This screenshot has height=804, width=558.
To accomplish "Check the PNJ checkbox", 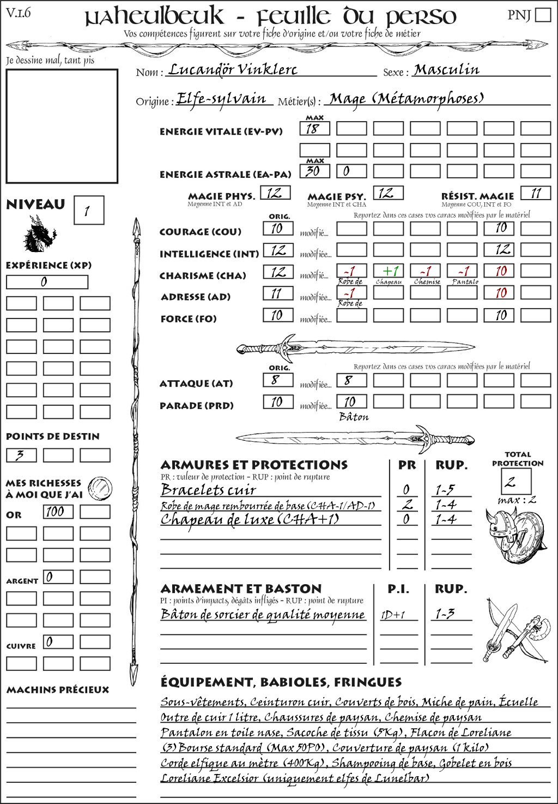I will click(543, 14).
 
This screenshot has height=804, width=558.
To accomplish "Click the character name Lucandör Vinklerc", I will click(233, 69).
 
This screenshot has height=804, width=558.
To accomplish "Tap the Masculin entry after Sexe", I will click(446, 69).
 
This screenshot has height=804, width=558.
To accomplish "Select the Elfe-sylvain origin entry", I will click(221, 99).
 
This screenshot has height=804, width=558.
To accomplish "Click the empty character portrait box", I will click(62, 126).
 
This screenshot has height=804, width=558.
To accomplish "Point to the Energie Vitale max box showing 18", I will click(314, 129).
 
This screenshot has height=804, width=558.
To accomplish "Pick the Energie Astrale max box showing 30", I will click(314, 171).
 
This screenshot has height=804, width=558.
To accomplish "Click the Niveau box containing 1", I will click(88, 210).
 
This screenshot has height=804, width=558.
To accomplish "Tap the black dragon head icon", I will click(39, 234).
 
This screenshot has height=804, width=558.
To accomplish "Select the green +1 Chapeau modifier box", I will click(389, 271).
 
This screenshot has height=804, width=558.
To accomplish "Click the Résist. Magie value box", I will click(536, 193).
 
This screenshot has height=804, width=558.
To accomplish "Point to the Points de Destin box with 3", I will click(21, 455).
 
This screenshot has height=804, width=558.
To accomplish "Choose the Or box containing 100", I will click(58, 512).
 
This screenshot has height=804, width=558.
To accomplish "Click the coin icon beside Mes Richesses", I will click(100, 488).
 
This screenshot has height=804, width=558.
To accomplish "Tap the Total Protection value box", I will click(515, 481).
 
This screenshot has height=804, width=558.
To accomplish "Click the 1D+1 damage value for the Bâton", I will click(393, 615).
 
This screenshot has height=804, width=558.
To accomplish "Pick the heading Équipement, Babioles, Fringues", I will click(281, 682).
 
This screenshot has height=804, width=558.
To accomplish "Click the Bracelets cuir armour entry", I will click(208, 490).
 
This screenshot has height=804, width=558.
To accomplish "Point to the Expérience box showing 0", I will click(47, 282).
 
